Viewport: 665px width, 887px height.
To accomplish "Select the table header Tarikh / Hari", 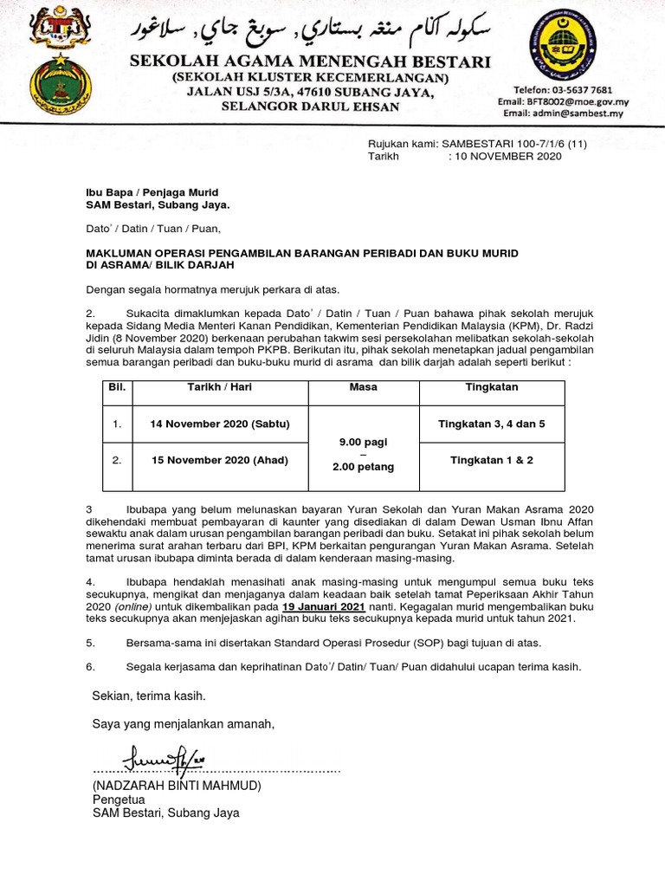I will (220, 387).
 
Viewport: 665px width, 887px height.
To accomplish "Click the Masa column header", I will (363, 387).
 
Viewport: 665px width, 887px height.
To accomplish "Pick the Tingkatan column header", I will (492, 387).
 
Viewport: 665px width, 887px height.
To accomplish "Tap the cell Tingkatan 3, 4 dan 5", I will (492, 424).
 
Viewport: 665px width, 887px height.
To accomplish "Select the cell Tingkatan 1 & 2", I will (492, 460).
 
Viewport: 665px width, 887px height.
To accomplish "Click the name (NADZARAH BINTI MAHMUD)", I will (177, 786).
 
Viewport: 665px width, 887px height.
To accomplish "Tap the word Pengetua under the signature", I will (119, 800).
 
